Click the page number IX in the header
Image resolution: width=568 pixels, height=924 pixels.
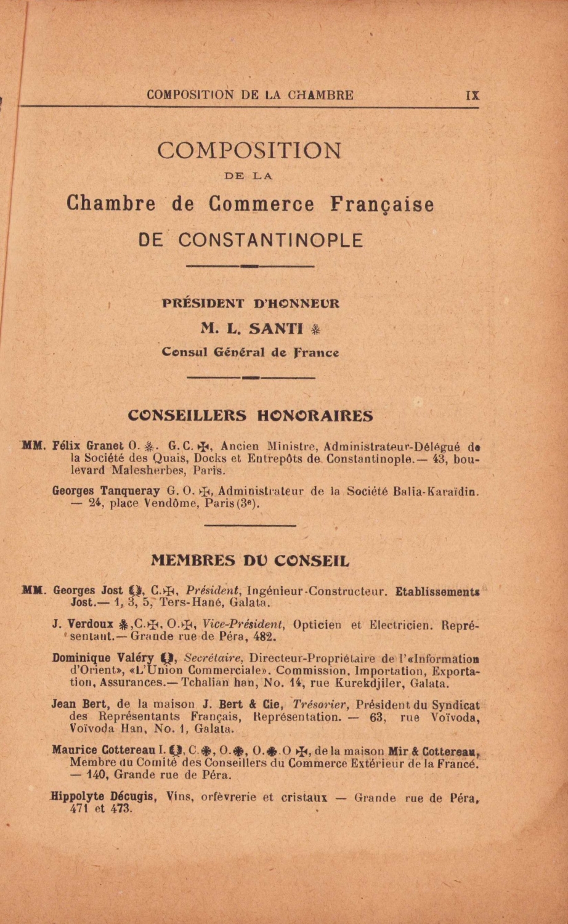click(x=473, y=95)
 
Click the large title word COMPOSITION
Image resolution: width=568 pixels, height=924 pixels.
click(x=249, y=150)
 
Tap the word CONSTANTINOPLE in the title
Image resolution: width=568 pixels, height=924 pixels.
click(x=270, y=240)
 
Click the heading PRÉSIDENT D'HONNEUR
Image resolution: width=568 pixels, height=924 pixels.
click(x=250, y=303)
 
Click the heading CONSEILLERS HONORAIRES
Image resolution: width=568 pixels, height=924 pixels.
click(x=250, y=416)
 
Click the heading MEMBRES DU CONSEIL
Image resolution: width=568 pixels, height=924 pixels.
click(x=250, y=561)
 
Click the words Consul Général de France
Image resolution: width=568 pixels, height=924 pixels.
click(x=250, y=352)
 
